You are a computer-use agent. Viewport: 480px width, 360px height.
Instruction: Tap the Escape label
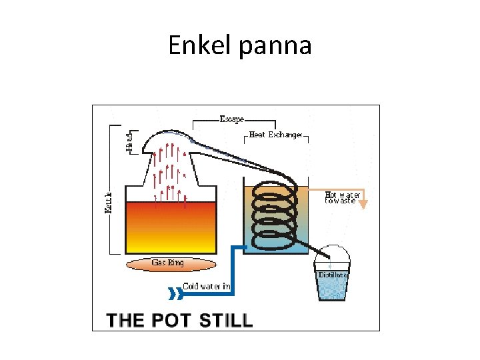point(231,119)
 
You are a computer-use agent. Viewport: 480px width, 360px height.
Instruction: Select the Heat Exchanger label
point(275,135)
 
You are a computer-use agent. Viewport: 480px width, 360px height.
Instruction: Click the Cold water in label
point(207,287)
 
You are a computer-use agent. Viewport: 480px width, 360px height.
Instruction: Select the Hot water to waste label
point(343,198)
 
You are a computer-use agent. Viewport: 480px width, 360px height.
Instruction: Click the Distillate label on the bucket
point(333,275)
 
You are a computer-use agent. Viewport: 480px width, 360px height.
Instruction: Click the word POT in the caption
point(170,320)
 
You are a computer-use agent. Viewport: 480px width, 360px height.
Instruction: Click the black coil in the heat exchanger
point(274,213)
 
